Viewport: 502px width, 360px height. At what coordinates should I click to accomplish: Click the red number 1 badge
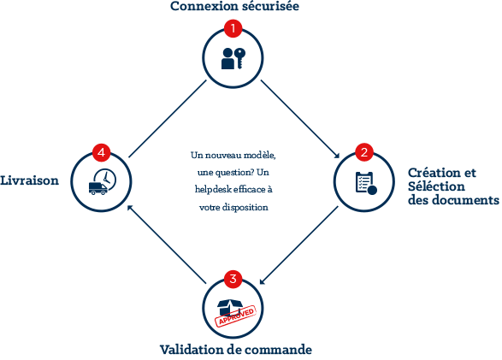[x=233, y=28]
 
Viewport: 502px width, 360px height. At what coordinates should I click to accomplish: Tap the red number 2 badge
[x=364, y=152]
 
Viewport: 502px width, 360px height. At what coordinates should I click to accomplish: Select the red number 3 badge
[x=233, y=279]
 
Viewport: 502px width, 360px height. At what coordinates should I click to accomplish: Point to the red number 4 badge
[x=101, y=152]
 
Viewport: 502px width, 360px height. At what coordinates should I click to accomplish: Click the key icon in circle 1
[x=239, y=58]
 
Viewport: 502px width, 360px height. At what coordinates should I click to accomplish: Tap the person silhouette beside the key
[x=227, y=59]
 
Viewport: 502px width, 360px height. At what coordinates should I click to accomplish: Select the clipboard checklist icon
[x=366, y=183]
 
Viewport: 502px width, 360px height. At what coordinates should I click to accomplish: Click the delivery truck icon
[x=98, y=188]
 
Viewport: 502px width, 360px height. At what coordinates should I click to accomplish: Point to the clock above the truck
[x=105, y=180]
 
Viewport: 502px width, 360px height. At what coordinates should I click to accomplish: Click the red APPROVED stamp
[x=236, y=316]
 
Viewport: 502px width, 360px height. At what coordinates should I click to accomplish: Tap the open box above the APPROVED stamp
[x=230, y=307]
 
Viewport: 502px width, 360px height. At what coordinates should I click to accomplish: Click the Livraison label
[x=29, y=180]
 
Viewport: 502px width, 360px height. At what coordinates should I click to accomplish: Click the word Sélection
[x=436, y=186]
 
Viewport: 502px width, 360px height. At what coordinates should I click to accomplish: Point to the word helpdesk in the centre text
[x=213, y=190]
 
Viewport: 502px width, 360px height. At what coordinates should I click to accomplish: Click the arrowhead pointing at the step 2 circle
[x=336, y=155]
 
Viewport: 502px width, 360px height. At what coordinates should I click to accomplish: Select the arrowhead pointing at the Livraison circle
[x=131, y=209]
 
